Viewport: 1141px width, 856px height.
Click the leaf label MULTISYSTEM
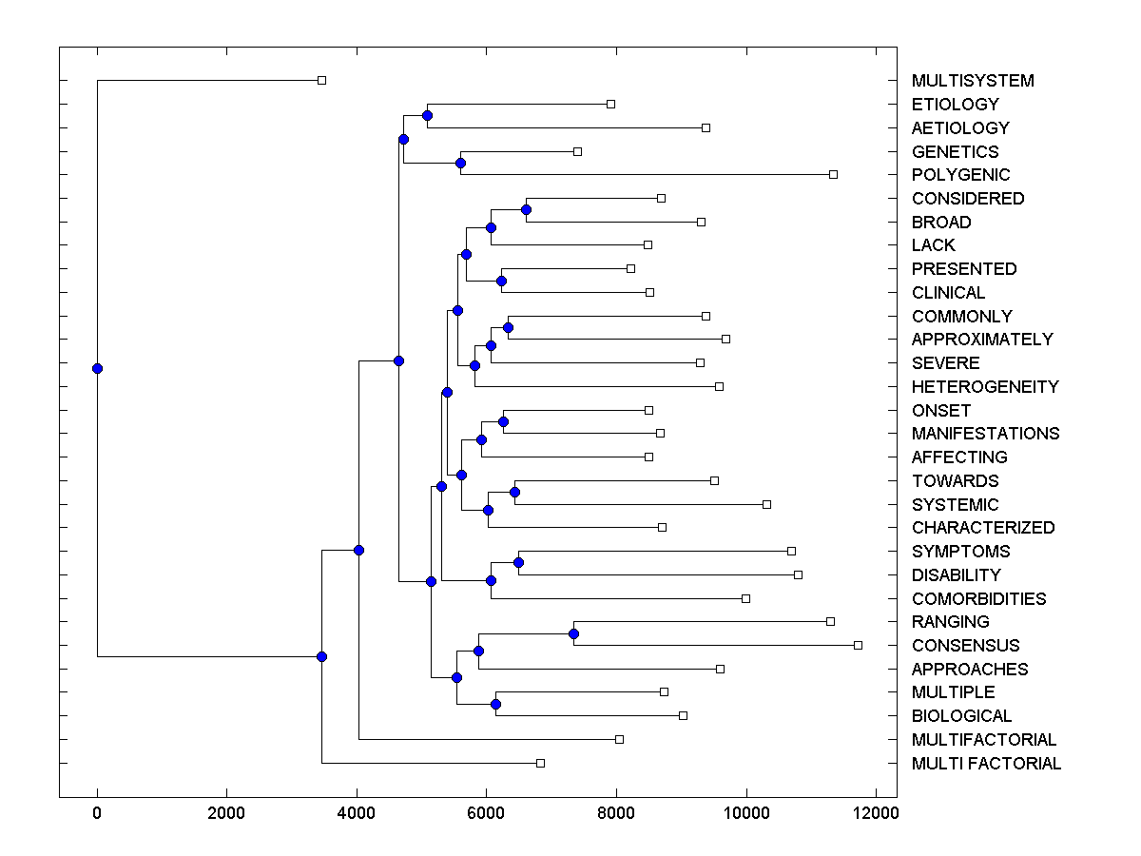pyautogui.click(x=973, y=81)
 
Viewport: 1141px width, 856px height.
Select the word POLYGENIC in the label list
pyautogui.click(x=960, y=175)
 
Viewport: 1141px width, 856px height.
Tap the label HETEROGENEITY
pyautogui.click(x=985, y=387)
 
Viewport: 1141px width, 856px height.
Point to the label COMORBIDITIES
pyautogui.click(x=978, y=599)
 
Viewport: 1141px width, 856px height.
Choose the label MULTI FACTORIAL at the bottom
pyautogui.click(x=986, y=764)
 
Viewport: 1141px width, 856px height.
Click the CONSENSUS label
pyautogui.click(x=965, y=646)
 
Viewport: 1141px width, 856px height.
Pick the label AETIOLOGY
pyautogui.click(x=960, y=128)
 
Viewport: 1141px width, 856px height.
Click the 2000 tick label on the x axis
pyautogui.click(x=226, y=813)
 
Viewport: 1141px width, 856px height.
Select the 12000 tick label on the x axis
pyautogui.click(x=876, y=813)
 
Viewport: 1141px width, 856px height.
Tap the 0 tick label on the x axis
pyautogui.click(x=97, y=813)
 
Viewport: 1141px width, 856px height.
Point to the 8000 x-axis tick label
pyautogui.click(x=616, y=813)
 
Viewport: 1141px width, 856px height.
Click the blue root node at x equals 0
pyautogui.click(x=97, y=368)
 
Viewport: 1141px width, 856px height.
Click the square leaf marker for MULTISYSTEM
pyautogui.click(x=321, y=80)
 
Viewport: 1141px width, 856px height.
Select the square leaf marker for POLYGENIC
pyautogui.click(x=833, y=174)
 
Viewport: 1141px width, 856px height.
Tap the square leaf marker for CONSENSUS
pyautogui.click(x=858, y=645)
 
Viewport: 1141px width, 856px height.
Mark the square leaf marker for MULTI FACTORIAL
pyautogui.click(x=540, y=763)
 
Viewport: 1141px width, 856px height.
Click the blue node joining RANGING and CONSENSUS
pyautogui.click(x=573, y=633)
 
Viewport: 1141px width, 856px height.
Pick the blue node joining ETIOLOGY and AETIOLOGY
pyautogui.click(x=427, y=115)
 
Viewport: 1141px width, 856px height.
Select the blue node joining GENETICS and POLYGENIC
pyautogui.click(x=460, y=163)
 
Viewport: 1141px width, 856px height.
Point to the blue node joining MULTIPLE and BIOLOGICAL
pyautogui.click(x=495, y=704)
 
